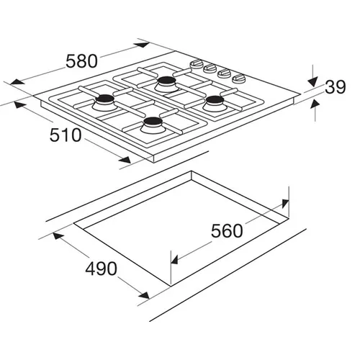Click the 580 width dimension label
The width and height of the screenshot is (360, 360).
[x=82, y=61]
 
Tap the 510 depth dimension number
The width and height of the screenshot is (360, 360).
[x=66, y=135]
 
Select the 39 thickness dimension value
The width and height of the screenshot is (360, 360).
[x=336, y=87]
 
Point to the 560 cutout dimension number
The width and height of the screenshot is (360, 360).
[x=227, y=231]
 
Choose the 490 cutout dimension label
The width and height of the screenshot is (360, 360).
[x=101, y=269]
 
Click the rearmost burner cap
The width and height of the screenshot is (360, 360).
[x=167, y=80]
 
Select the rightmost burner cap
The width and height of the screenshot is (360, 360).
[x=214, y=99]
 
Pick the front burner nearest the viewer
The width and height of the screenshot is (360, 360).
[x=152, y=122]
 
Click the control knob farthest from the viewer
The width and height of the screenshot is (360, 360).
[x=197, y=63]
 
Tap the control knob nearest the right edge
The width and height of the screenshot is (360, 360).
[x=239, y=78]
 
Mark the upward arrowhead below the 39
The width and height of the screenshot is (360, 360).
[x=315, y=104]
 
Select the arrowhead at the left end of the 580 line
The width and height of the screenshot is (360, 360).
[x=17, y=81]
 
